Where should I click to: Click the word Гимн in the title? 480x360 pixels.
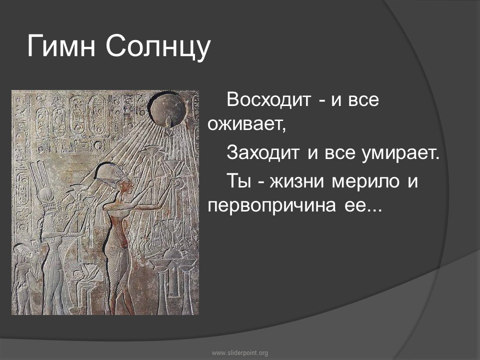coord(61,46)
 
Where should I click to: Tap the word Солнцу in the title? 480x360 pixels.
coord(158,48)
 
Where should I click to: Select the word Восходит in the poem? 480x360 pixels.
coord(269,99)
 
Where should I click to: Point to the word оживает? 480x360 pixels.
coord(246,124)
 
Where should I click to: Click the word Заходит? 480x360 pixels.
coord(262,153)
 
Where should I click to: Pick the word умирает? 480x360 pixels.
coord(400,153)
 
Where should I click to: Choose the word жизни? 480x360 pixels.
coord(296,181)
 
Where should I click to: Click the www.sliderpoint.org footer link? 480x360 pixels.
coord(240,353)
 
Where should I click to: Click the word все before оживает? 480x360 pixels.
coord(363,100)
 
